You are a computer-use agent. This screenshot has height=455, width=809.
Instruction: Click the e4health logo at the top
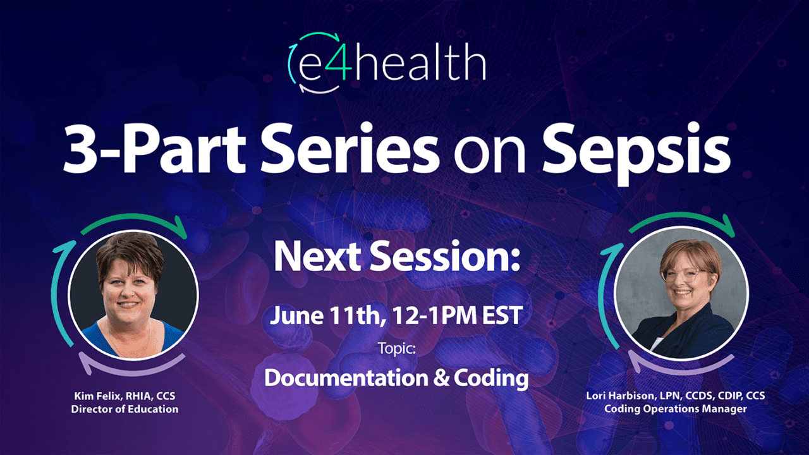coord(387,63)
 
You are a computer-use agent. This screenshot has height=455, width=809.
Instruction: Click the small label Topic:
coord(396,348)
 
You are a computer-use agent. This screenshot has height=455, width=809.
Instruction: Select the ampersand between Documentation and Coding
coord(440,378)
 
